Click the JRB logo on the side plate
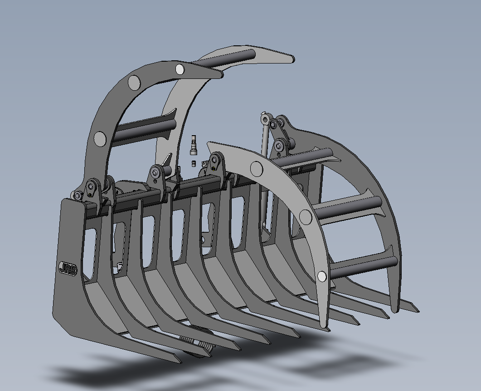coord(68,269)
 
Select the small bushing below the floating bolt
coord(194,163)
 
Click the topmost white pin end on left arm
coord(180,69)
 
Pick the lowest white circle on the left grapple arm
coord(100,139)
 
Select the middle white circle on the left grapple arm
coord(134,82)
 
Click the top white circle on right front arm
coord(257,168)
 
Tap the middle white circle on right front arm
coord(305,216)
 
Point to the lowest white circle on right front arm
coord(321,277)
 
